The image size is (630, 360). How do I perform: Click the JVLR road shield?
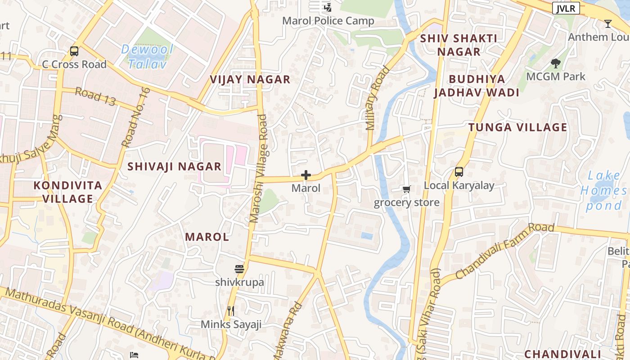click(566, 8)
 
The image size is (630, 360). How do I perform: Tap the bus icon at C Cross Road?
click(74, 51)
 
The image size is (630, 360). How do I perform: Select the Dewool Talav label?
click(147, 56)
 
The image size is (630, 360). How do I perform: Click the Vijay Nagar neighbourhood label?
click(250, 80)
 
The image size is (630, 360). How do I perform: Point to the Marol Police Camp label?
click(328, 21)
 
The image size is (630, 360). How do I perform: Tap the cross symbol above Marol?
click(306, 175)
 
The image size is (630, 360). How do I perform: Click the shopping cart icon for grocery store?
click(406, 189)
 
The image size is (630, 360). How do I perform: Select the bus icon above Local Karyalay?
click(459, 171)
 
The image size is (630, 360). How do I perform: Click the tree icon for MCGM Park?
click(556, 63)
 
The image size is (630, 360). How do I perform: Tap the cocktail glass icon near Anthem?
click(608, 24)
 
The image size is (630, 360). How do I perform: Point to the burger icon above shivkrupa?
click(239, 269)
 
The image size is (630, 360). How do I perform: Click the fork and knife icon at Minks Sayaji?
click(231, 311)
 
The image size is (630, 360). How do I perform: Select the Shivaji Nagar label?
click(174, 166)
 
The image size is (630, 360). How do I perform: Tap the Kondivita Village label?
click(68, 192)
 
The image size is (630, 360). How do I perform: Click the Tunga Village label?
click(517, 127)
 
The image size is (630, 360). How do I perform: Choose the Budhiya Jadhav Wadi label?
click(477, 85)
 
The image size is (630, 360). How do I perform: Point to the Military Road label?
click(378, 99)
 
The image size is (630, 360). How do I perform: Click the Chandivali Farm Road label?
click(504, 250)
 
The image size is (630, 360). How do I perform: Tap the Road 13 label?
click(95, 97)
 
